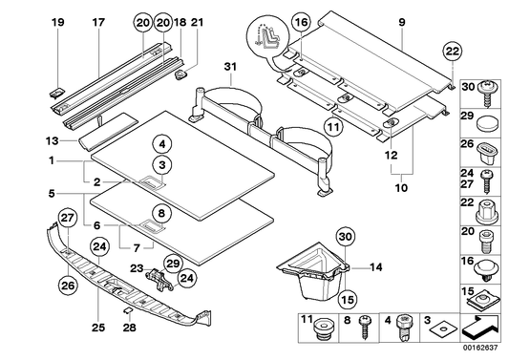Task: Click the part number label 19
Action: [x=57, y=21]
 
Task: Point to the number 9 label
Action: [x=402, y=21]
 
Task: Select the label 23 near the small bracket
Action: [x=137, y=268]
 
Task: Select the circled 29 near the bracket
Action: [x=172, y=263]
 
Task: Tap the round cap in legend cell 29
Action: [x=487, y=121]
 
